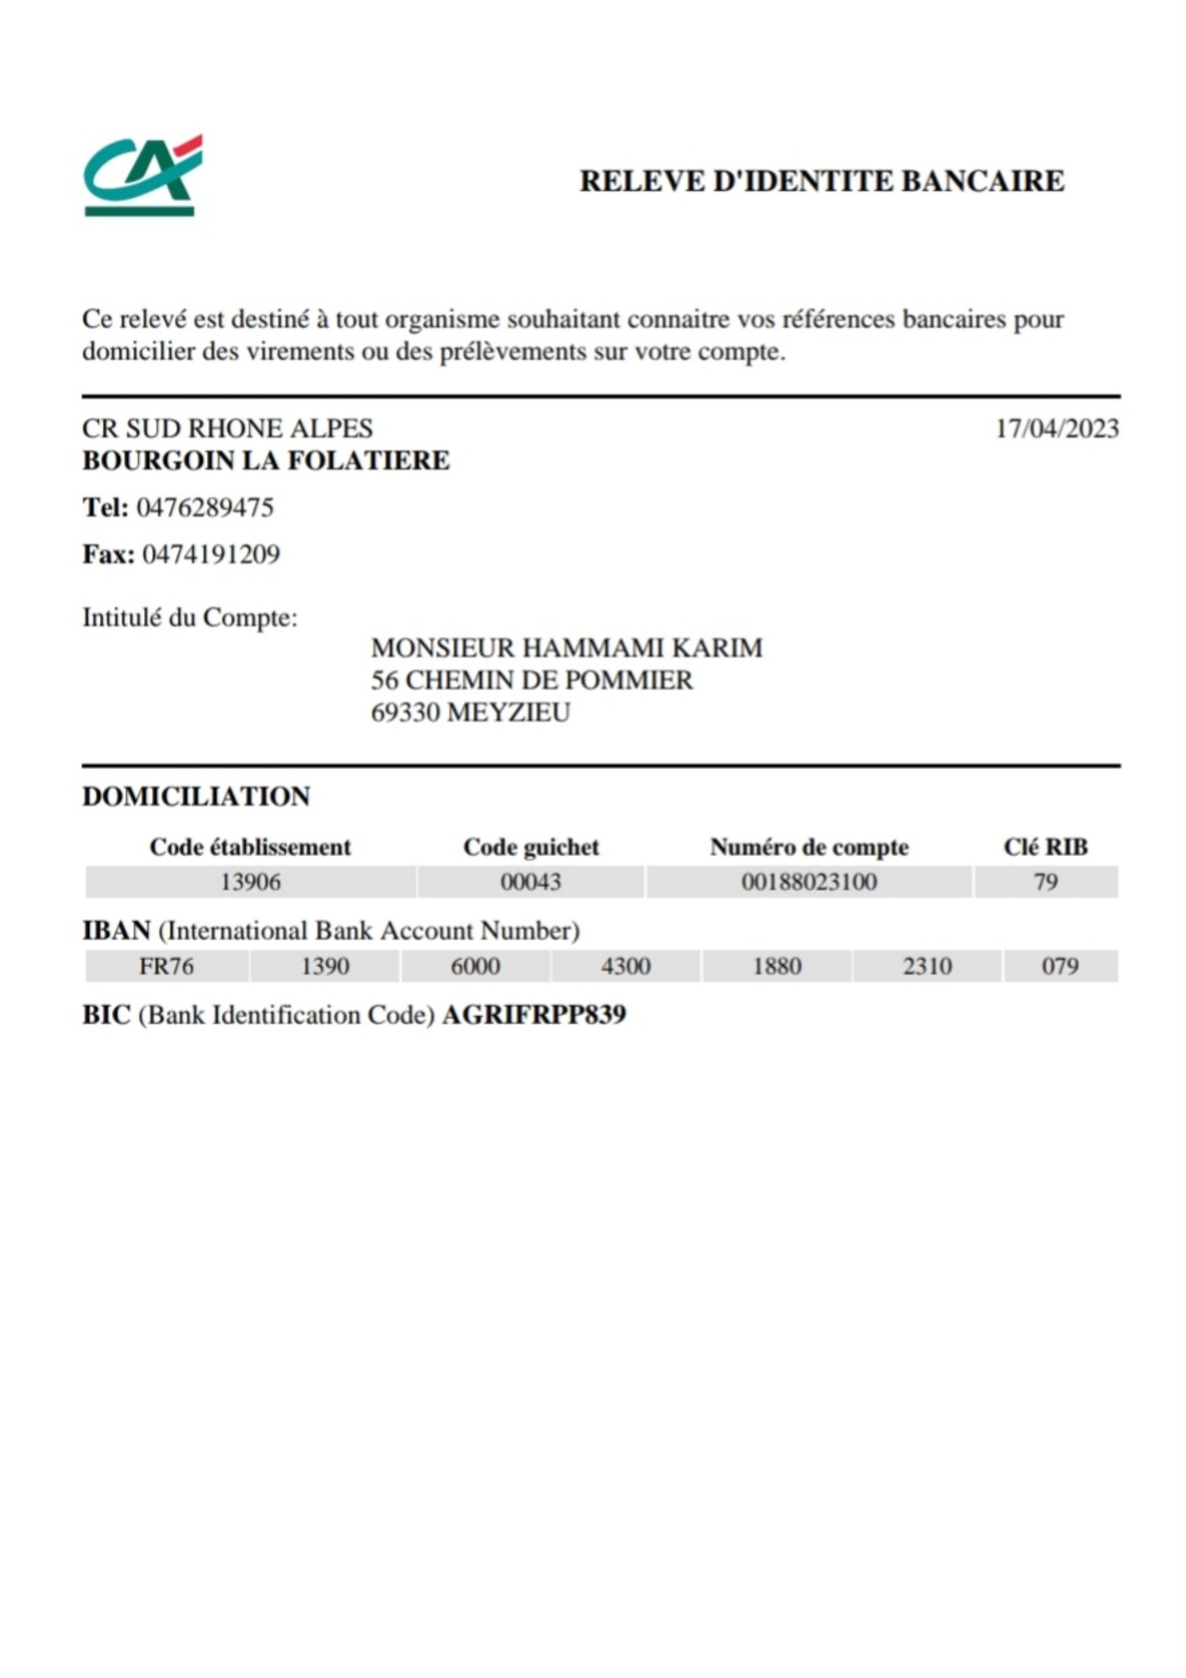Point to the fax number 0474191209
point(211,555)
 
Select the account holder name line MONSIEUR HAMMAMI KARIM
point(566,647)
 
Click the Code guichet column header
point(531,847)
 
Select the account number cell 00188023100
point(809,882)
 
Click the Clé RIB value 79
point(1045,882)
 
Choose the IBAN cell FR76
point(167,966)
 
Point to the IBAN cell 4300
point(626,966)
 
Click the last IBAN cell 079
point(1060,966)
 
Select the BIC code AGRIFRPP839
point(534,1015)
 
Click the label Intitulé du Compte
point(190,618)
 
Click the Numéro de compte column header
point(809,847)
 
